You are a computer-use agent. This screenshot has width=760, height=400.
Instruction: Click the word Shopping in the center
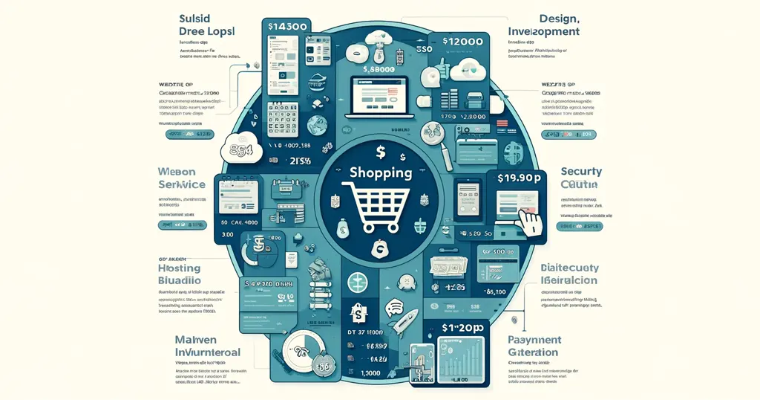[380, 172]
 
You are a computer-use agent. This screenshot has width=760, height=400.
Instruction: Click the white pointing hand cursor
[530, 221]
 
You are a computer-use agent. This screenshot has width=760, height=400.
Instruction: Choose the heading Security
[581, 171]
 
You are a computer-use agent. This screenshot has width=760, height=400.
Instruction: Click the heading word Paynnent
[535, 340]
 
